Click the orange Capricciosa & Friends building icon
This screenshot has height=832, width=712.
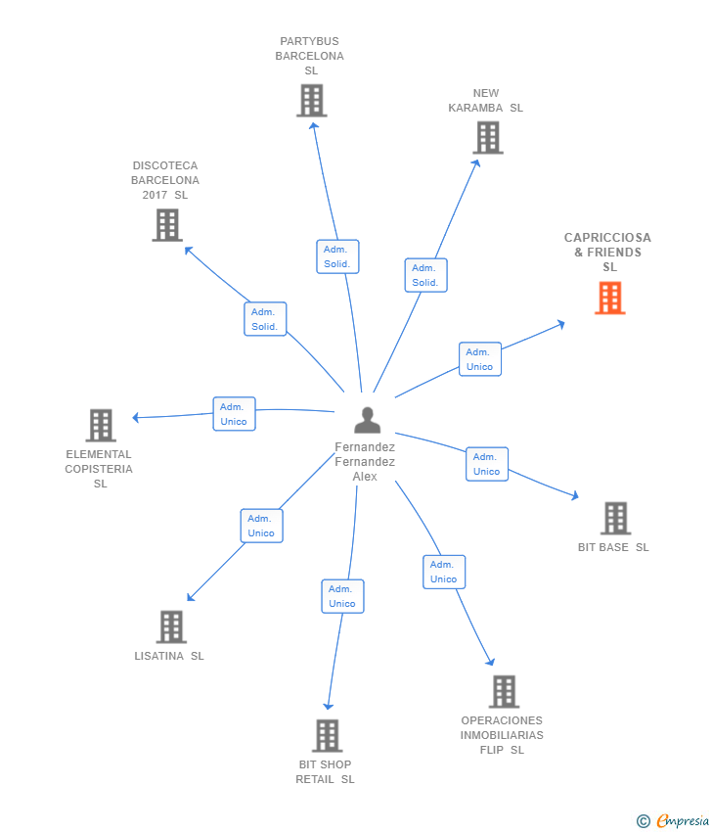click(610, 298)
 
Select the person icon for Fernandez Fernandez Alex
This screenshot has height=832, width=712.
click(367, 420)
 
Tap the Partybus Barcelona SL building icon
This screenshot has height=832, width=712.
click(311, 101)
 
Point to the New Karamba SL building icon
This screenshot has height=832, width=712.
click(487, 138)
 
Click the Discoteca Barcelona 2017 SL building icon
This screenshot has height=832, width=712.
click(167, 225)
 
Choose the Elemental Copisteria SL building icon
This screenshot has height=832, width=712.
click(101, 426)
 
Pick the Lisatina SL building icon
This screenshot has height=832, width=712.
click(171, 626)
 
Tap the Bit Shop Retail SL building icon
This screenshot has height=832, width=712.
click(327, 735)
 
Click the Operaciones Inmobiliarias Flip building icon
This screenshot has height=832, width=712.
click(504, 691)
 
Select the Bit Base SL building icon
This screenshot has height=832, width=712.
click(615, 518)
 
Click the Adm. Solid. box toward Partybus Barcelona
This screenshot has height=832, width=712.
click(338, 256)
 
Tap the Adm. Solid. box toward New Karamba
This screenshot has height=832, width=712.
click(425, 275)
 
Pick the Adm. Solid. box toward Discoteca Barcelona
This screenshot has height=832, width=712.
click(265, 319)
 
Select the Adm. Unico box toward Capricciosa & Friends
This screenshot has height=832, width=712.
click(480, 359)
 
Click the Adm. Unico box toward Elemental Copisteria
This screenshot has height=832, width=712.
click(234, 414)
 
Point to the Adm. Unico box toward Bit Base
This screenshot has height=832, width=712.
click(487, 464)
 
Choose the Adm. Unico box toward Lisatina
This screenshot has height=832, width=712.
click(261, 526)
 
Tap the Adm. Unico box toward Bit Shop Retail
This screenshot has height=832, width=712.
click(342, 596)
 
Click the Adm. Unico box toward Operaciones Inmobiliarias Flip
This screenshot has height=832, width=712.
click(444, 572)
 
